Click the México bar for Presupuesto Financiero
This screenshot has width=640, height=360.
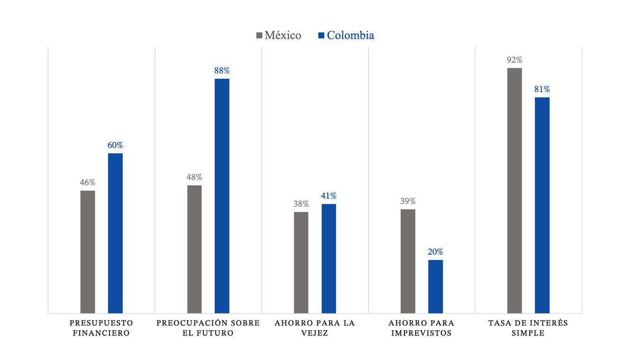tap(88, 252)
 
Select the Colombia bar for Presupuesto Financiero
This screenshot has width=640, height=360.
tap(115, 233)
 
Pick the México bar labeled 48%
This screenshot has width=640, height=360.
tap(194, 249)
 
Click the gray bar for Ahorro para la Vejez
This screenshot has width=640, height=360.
tap(301, 262)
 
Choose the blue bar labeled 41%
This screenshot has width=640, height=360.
tap(329, 258)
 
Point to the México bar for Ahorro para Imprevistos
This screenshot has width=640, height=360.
tap(408, 261)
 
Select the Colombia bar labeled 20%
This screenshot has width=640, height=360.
tap(435, 286)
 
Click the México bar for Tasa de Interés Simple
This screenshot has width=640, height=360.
tap(514, 190)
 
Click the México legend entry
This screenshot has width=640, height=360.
tap(279, 36)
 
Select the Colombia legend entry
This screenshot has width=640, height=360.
tap(346, 36)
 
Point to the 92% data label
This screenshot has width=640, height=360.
tap(514, 60)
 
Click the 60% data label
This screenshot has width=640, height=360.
tap(115, 146)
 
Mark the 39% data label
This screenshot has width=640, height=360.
tap(408, 202)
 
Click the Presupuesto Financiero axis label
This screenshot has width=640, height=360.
tap(101, 328)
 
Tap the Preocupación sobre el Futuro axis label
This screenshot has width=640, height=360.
tap(208, 328)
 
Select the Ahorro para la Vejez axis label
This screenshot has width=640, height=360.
tap(315, 328)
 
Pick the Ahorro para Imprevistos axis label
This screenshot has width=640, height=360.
tap(421, 328)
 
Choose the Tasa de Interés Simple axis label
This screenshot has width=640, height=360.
tap(528, 328)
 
